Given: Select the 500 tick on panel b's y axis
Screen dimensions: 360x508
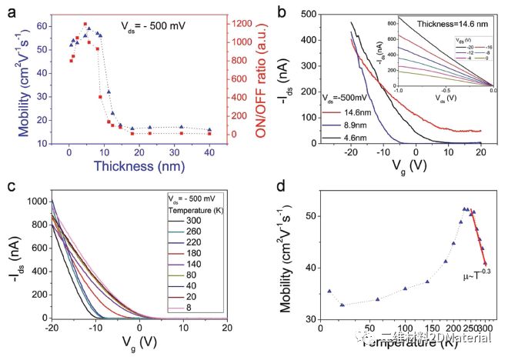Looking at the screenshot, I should [312, 14].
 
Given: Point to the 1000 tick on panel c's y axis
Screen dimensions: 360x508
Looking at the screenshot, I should [35, 202].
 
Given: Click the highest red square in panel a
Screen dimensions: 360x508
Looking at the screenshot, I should [85, 25].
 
